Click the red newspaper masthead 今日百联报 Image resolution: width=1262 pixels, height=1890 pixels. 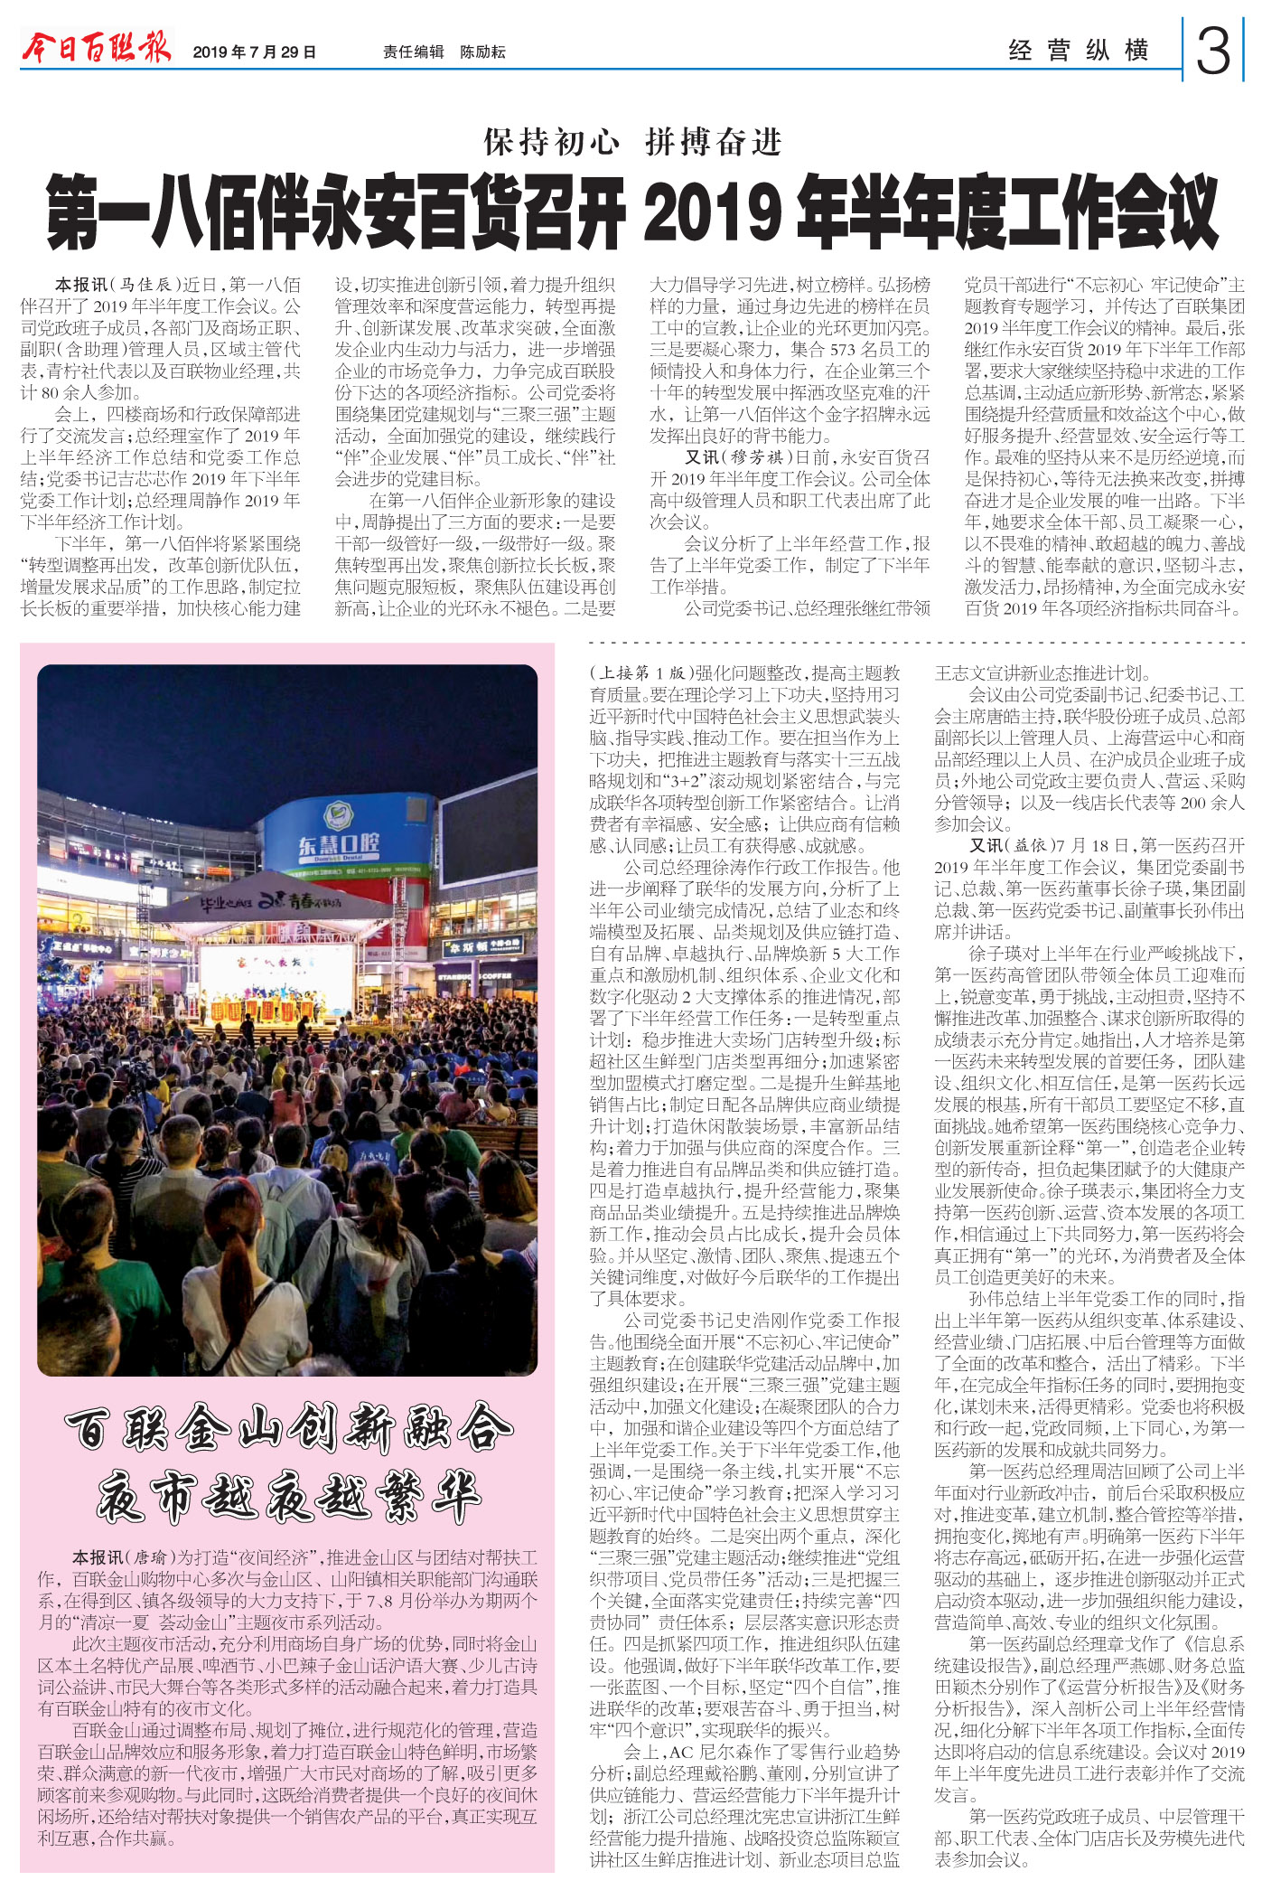[96, 47]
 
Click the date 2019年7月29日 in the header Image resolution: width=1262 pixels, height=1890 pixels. [254, 52]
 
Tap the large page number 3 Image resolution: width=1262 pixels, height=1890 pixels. [1213, 52]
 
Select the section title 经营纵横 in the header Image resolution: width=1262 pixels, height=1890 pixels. [1079, 51]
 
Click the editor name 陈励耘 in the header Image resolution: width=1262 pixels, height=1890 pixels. [482, 52]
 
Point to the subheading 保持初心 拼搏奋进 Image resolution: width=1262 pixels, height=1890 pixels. [631, 143]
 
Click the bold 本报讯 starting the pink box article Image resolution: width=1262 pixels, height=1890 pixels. [98, 1557]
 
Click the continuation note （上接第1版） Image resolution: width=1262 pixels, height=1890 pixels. [640, 673]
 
